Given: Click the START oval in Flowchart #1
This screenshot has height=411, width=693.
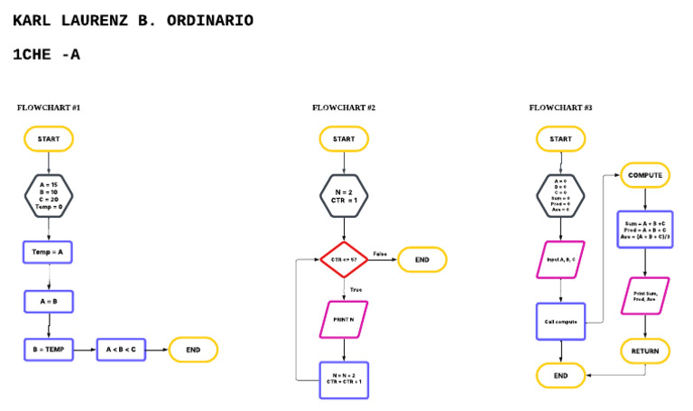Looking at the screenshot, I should [49, 139].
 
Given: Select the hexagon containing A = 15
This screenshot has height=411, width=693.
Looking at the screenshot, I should [49, 194].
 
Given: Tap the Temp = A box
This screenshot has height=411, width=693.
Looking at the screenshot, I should [49, 252].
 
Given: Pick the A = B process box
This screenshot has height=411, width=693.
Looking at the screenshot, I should [49, 301].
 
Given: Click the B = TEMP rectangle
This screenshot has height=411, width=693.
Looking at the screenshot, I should [49, 350].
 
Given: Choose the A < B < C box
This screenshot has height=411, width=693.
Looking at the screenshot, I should [121, 350].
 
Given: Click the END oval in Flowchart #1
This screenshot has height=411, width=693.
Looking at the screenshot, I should [193, 350].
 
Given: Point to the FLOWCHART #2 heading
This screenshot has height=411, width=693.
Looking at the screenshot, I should [344, 108].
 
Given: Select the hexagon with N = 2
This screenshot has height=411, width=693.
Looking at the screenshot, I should [344, 194].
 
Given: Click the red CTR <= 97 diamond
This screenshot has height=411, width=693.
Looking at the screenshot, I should [344, 260].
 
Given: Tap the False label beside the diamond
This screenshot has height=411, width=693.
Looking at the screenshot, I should [380, 254].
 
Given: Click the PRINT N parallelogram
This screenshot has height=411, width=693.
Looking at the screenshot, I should [344, 319].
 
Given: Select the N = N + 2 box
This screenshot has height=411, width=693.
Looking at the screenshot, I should [344, 379].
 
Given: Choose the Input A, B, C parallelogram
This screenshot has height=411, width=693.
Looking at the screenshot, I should [560, 260].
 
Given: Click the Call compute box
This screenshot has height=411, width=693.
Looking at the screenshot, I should [560, 321].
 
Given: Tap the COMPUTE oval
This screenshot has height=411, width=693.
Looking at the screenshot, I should [645, 174].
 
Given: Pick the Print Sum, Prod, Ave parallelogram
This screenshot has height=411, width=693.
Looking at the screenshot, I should [645, 295].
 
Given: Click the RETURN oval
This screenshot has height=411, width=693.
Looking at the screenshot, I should [645, 350].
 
